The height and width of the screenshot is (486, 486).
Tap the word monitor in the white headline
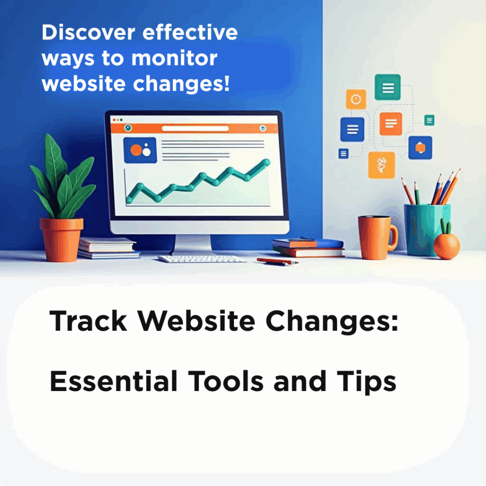point(175,58)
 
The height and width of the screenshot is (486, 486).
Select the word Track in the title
point(88,321)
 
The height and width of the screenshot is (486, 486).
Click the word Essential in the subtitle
point(113,381)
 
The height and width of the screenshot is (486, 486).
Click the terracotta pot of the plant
point(61,239)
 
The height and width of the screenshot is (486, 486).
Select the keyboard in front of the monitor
point(202,259)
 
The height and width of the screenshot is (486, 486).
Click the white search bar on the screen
point(195,128)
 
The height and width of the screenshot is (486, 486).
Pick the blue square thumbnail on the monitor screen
point(140,150)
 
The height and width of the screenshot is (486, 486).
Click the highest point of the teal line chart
point(266,162)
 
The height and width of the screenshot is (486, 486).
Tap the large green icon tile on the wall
point(387,87)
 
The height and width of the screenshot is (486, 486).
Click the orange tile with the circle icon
point(356,99)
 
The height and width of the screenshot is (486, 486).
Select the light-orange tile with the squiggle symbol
point(382,165)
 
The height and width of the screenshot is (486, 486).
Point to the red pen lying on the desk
point(277,262)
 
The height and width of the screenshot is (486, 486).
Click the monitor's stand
point(193,244)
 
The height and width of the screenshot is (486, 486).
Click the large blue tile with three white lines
point(353,129)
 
